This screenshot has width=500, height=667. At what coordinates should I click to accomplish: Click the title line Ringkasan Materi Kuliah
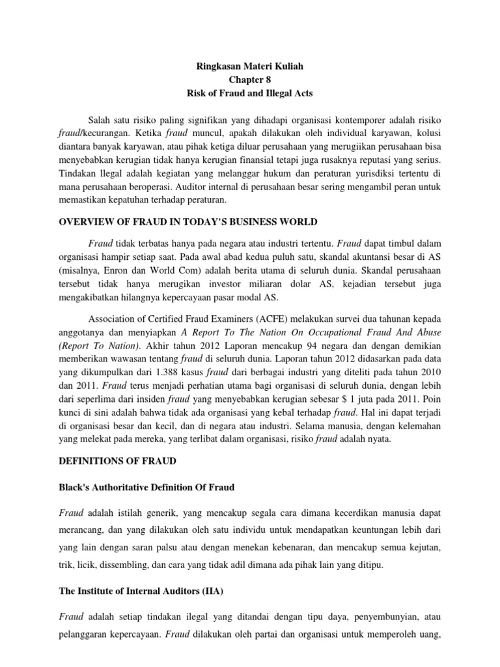coord(250,66)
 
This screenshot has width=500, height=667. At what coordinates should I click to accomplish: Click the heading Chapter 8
coord(250,79)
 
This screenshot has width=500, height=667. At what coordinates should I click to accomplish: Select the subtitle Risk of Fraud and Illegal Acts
coord(250,93)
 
